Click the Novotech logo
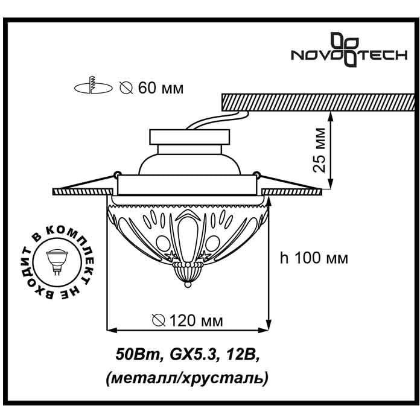(x=349, y=49)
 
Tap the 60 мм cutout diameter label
(x=151, y=87)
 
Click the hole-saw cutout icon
(x=93, y=85)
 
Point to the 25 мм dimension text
(x=319, y=150)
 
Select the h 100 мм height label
(x=314, y=258)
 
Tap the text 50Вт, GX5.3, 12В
(x=187, y=355)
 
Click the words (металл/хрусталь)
(x=187, y=378)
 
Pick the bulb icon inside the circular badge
(x=57, y=262)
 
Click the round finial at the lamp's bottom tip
(x=188, y=284)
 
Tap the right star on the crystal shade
(x=205, y=256)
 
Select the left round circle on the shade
(x=163, y=243)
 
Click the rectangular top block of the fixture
(x=189, y=137)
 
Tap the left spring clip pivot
(x=117, y=174)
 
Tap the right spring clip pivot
(x=258, y=174)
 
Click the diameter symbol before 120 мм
(x=159, y=320)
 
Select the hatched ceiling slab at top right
(x=319, y=103)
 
